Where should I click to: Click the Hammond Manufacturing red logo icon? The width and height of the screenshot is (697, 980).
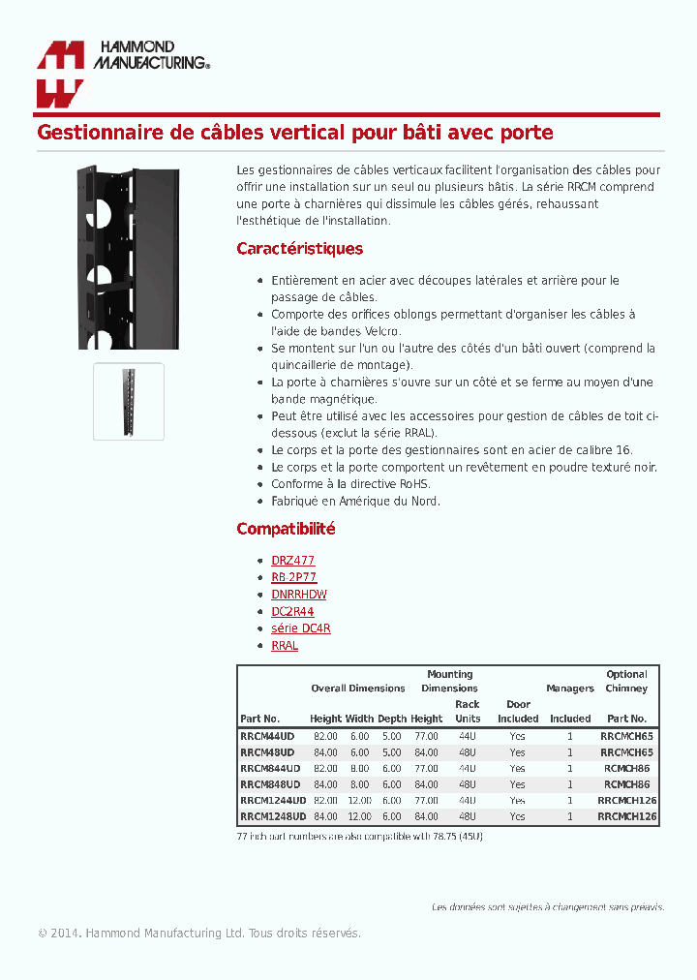60,75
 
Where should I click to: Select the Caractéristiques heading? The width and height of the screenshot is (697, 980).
299,249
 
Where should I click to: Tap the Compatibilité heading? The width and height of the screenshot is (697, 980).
286,529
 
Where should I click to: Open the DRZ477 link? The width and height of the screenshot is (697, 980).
292,561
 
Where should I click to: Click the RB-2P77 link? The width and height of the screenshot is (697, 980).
293,577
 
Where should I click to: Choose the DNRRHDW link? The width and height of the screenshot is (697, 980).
298,595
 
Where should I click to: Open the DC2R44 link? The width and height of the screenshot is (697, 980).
292,611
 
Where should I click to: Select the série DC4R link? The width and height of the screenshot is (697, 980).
300,628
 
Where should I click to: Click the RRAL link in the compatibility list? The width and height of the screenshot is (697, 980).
285,645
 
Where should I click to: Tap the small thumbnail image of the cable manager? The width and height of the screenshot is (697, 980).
129,402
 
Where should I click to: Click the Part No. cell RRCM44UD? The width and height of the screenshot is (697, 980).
267,736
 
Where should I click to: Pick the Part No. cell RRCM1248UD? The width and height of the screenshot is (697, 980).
272,817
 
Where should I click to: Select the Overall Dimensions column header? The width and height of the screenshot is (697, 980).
357,689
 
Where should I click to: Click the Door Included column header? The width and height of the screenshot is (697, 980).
518,712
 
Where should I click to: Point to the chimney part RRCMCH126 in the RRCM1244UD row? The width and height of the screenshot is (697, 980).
626,801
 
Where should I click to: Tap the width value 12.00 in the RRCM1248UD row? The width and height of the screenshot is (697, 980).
359,817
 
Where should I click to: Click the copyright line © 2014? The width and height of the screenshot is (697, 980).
198,934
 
